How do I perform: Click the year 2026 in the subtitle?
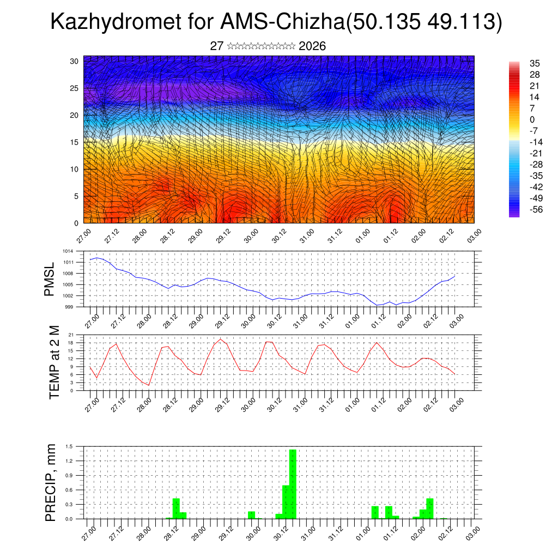[x=312, y=46]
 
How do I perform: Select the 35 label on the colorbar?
[x=535, y=63]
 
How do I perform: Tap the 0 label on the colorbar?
[x=532, y=119]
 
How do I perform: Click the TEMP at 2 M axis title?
[x=54, y=362]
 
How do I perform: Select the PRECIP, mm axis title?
[x=51, y=483]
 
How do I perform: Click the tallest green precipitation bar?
[x=293, y=484]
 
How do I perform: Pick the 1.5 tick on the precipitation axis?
[x=70, y=446]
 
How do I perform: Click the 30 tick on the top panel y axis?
[x=74, y=61]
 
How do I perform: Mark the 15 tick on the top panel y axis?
[x=74, y=142]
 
